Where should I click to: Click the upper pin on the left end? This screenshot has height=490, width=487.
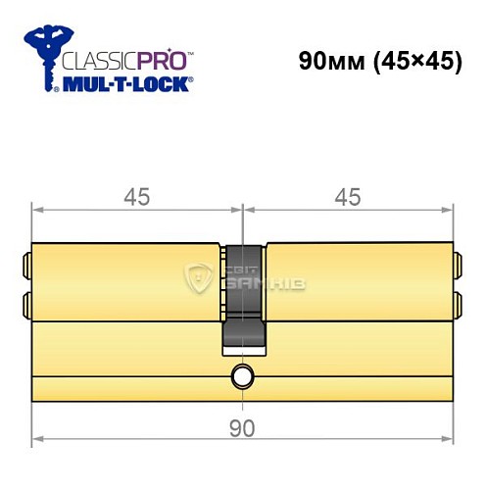point(26,263)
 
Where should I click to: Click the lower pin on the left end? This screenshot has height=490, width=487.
point(26,301)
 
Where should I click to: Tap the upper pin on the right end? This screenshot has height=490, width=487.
point(458,263)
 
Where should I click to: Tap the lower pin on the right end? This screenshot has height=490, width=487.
point(458,301)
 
